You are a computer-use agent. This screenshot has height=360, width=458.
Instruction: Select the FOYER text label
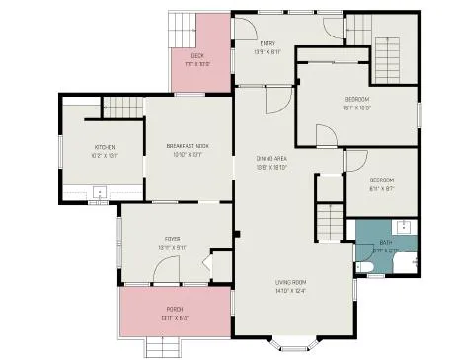172,239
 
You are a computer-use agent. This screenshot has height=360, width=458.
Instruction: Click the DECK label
197,57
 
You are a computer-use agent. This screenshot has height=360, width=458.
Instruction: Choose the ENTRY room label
267,44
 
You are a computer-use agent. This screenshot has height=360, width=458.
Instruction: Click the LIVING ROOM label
292,286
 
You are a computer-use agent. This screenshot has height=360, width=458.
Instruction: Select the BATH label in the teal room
385,243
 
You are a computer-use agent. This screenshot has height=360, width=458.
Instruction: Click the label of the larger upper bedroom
356,100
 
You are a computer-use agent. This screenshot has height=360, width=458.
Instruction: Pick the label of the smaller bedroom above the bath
381,180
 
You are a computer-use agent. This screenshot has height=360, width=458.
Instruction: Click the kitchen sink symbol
99,194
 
